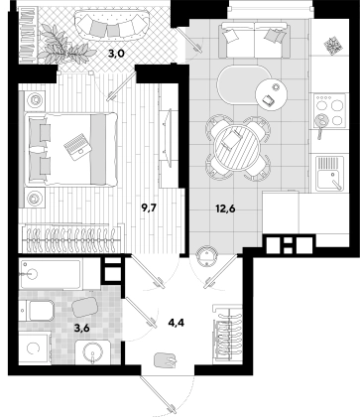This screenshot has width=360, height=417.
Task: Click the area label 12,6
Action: click(x=225, y=209)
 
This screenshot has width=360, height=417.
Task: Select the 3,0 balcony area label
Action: click(x=116, y=54)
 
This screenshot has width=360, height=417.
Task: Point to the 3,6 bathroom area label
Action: click(x=82, y=329)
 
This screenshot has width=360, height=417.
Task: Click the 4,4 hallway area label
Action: click(x=177, y=322)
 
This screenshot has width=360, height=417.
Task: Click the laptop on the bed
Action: click(x=77, y=147)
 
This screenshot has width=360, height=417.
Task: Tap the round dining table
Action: click(x=237, y=147)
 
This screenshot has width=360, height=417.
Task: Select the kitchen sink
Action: click(x=330, y=174)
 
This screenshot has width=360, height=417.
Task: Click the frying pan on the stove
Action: click(x=320, y=122)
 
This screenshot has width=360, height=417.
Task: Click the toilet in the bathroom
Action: click(x=37, y=311)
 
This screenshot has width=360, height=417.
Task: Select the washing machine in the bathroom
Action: click(x=35, y=348)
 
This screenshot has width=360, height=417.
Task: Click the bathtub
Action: click(x=50, y=274)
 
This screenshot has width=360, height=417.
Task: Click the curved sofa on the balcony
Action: click(x=111, y=25)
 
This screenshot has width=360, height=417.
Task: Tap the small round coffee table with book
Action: click(x=272, y=94)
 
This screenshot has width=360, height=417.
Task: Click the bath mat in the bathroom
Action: click(x=85, y=307)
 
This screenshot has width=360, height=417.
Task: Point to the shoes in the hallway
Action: click(x=166, y=360)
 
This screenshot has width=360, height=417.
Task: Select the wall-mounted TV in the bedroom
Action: click(x=165, y=137)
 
